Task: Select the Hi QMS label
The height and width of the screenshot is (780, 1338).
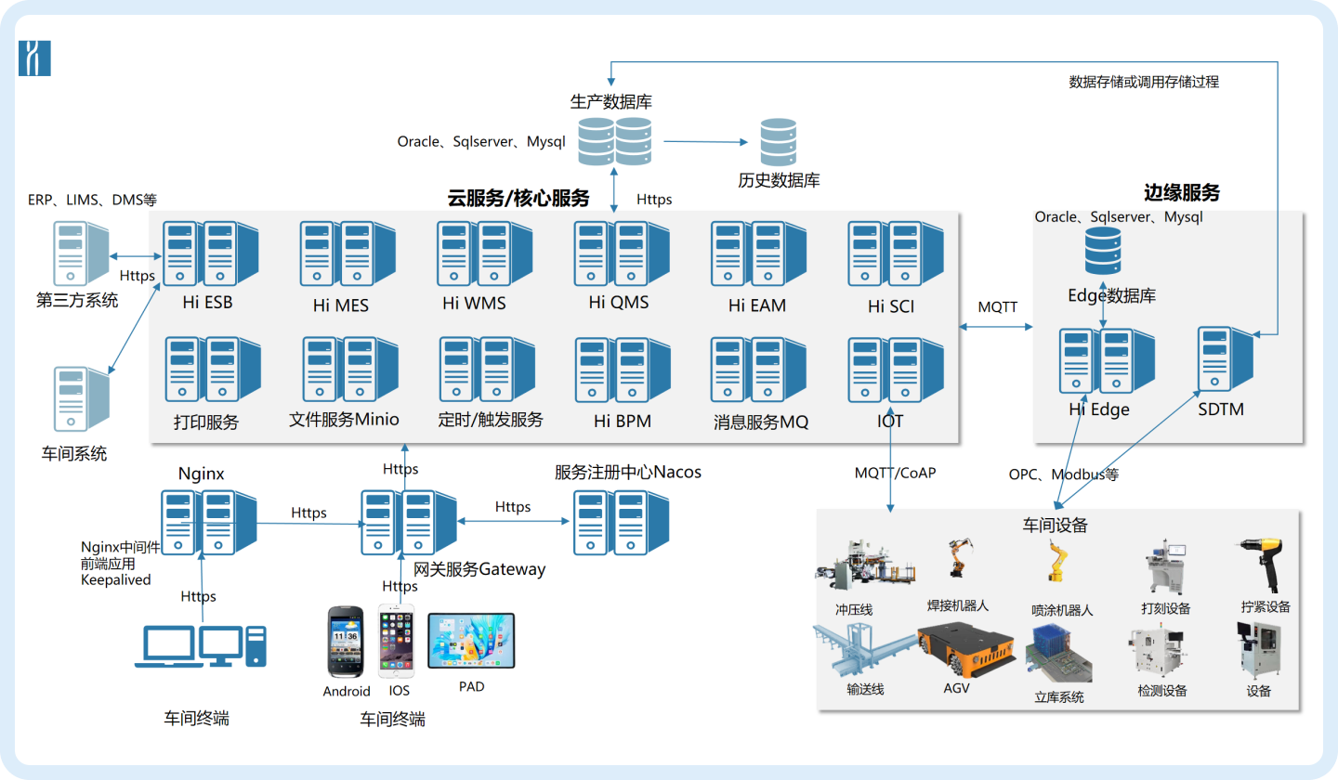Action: point(618,302)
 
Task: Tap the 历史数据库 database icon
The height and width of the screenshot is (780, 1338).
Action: point(778,143)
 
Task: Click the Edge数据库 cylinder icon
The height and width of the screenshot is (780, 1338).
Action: point(1103,250)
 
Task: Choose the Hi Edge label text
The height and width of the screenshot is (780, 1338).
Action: point(1098,409)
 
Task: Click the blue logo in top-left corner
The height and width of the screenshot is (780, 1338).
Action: point(34,58)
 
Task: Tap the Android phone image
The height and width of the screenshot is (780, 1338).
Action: point(346,643)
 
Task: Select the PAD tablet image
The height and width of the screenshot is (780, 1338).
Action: point(470,641)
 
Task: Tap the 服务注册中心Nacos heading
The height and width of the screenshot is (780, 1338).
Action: point(627,473)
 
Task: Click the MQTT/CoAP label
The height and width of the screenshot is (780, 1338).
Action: point(895,473)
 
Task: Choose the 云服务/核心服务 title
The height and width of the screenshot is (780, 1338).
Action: point(518,198)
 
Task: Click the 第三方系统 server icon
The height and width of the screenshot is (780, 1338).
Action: point(82,253)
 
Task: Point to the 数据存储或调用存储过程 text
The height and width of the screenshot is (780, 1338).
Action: point(1144,82)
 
